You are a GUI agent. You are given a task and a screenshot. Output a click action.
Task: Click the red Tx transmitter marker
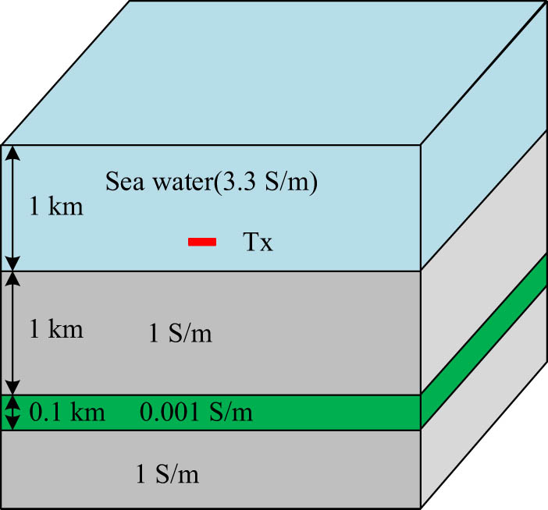(202, 243)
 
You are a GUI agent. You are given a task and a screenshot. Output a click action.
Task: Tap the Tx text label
(256, 243)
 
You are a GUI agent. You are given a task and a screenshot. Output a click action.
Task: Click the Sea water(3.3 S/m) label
(211, 185)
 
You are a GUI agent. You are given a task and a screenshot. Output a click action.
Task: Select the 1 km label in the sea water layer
(56, 207)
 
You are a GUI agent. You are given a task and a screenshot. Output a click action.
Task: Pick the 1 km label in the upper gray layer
(56, 329)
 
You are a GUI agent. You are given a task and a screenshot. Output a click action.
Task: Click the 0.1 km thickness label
(66, 413)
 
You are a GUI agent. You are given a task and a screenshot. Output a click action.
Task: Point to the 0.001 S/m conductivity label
(196, 413)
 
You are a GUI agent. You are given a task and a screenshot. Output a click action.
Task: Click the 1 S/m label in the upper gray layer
(180, 335)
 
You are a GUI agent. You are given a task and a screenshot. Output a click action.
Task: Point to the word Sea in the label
(120, 185)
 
